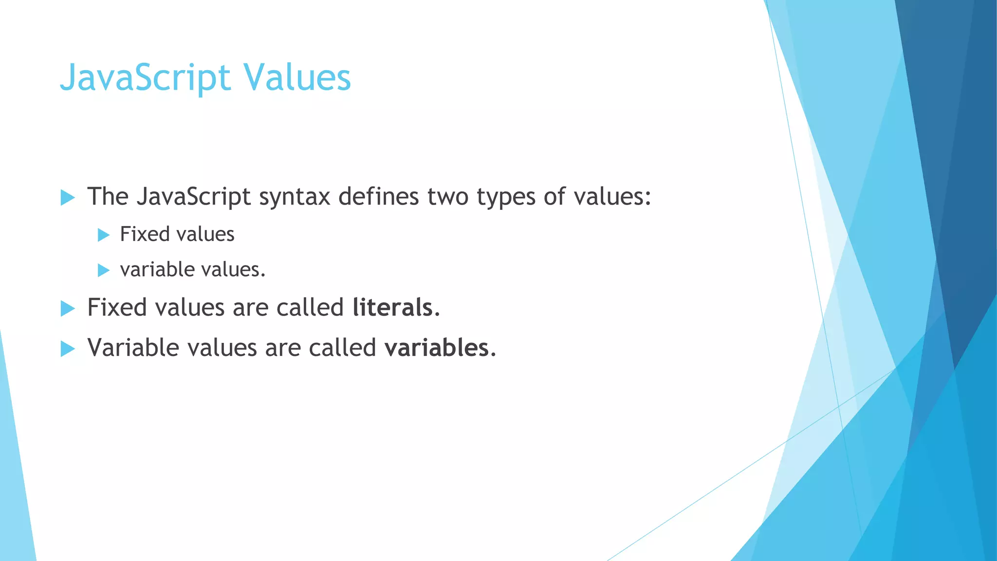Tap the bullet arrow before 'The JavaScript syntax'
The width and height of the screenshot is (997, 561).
pyautogui.click(x=68, y=198)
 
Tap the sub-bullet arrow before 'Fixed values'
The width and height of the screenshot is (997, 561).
pyautogui.click(x=103, y=235)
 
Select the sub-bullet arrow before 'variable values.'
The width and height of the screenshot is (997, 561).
pyautogui.click(x=103, y=270)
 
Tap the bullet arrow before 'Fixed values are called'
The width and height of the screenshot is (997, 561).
pyautogui.click(x=68, y=308)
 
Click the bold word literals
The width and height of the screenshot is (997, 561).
pyautogui.click(x=392, y=307)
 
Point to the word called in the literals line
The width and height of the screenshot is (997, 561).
pyautogui.click(x=310, y=307)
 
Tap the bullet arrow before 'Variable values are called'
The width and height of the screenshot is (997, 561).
pyautogui.click(x=68, y=349)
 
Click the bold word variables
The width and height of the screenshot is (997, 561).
pyautogui.click(x=437, y=348)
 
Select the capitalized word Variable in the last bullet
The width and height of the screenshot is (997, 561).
pyautogui.click(x=133, y=348)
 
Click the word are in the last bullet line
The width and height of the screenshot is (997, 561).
pyautogui.click(x=283, y=349)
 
